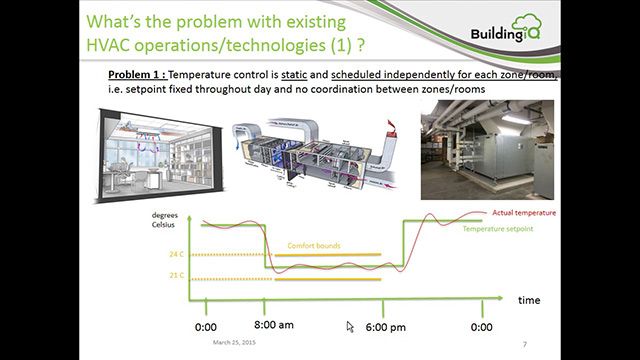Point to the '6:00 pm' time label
pyautogui.click(x=385, y=326)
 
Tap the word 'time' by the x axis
pyautogui.click(x=529, y=299)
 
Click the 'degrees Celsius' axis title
pyautogui.click(x=166, y=220)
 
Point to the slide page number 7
pyautogui.click(x=525, y=344)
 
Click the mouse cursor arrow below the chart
pyautogui.click(x=350, y=326)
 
